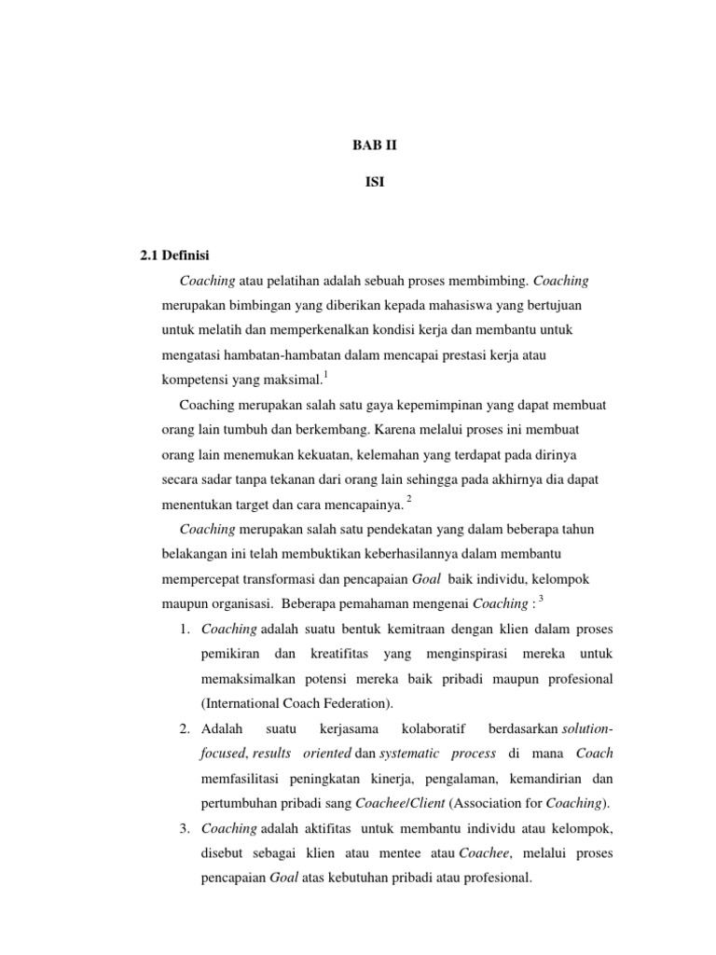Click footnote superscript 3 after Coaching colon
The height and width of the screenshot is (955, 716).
[541, 597]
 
